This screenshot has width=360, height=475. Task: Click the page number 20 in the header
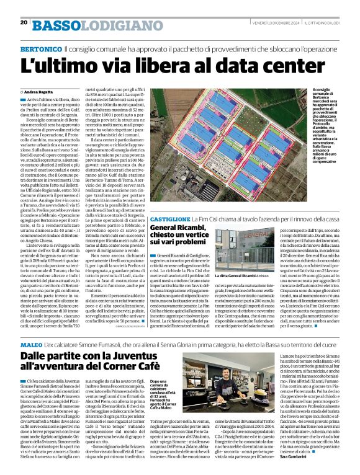tap(23, 22)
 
